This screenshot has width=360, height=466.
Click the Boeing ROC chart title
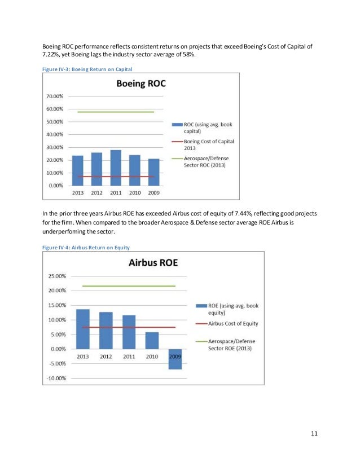point(141,86)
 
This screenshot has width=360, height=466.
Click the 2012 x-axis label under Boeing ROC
point(96,192)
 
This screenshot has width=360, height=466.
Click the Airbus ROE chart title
point(153,263)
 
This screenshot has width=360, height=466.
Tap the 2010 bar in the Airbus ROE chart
point(152,340)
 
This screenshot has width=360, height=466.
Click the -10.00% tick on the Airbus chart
point(56,378)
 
